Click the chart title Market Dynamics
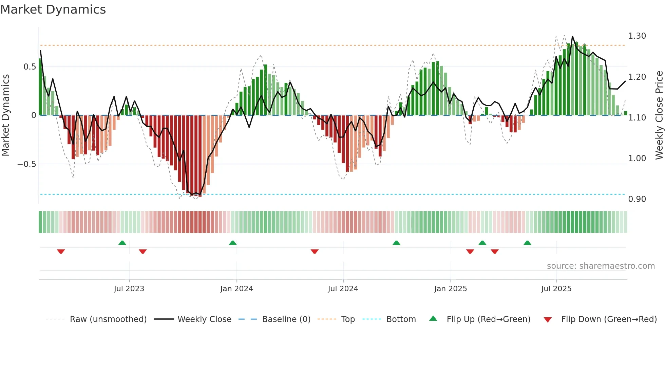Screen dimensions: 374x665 [53, 10]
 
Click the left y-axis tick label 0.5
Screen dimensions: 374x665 [30, 67]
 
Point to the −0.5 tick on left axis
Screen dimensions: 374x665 [26, 164]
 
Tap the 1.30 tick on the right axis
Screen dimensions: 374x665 [637, 36]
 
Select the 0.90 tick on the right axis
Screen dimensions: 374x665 [637, 199]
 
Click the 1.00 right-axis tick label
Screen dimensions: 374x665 [637, 158]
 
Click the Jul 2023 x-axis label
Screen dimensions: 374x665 [129, 289]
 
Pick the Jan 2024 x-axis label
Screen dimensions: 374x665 [236, 289]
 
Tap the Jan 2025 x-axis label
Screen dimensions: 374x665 [451, 289]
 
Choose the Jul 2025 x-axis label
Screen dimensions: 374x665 [556, 289]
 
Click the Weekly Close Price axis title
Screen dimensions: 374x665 [659, 115]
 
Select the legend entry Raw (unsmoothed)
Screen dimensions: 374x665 [108, 319]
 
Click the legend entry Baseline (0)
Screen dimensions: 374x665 [286, 319]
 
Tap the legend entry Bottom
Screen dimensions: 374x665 [401, 319]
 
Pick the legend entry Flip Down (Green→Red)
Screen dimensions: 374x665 [609, 319]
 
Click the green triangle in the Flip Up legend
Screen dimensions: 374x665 [433, 319]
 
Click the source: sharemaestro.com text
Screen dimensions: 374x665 [601, 266]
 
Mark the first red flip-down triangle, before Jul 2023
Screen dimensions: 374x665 [61, 251]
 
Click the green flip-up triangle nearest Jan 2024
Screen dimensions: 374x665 [233, 243]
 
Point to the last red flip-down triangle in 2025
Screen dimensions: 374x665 [495, 251]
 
